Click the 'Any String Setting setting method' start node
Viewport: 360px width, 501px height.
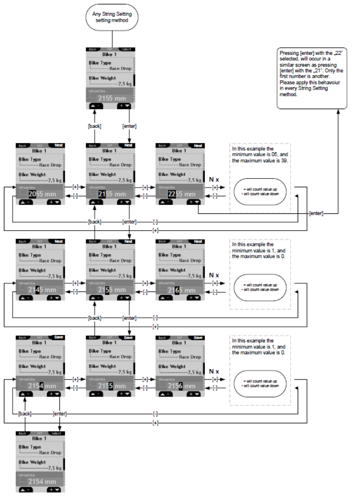click(112, 17)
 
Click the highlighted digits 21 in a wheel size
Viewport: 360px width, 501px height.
click(102, 194)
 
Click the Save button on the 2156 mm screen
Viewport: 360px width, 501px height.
click(198, 337)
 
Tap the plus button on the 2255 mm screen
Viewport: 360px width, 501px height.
click(194, 202)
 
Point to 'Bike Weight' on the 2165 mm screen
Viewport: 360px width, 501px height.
click(172, 270)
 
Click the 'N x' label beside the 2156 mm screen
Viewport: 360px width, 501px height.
click(214, 371)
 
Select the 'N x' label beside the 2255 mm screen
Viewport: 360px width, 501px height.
click(214, 179)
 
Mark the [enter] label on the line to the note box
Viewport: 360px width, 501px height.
click(316, 213)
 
